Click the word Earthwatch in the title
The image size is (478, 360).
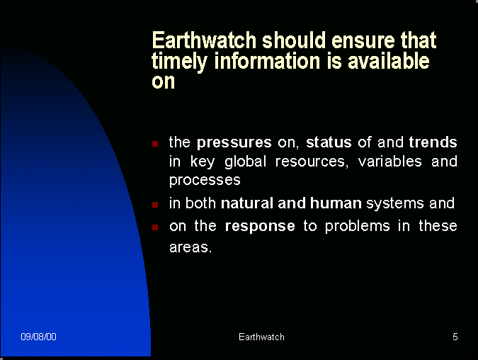[x=204, y=40]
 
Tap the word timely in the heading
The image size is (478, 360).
[x=180, y=62]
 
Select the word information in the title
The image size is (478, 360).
[x=268, y=60]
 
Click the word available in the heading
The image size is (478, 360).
[x=388, y=60]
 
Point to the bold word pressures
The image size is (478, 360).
[x=234, y=143]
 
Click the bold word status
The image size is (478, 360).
[x=329, y=142]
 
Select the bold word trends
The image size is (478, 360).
[x=433, y=142]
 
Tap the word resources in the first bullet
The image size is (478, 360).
[x=312, y=162]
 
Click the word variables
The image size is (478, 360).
[x=390, y=161]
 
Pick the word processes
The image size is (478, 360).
[x=205, y=181]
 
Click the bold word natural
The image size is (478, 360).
[x=247, y=203]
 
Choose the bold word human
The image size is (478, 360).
[x=336, y=203]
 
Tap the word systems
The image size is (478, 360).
[x=394, y=204]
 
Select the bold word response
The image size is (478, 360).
[x=260, y=227]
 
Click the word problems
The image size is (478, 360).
[x=358, y=227]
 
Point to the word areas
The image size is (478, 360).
[x=190, y=247]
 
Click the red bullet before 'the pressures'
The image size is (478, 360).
[x=155, y=143]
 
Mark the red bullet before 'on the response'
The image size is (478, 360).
[x=155, y=227]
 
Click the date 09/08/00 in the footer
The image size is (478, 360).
[x=38, y=337]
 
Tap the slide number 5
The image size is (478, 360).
[x=455, y=337]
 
